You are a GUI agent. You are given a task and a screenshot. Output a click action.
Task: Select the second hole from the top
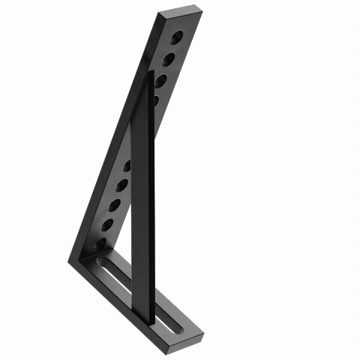169,57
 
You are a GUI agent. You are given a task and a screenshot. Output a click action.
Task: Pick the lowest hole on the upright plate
100,243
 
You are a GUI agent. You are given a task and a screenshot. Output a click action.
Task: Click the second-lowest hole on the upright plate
108,223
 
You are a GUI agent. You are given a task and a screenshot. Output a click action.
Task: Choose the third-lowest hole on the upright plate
115,203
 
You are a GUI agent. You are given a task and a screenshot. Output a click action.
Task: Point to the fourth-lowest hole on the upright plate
121,184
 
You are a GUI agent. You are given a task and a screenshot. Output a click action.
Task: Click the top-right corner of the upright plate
202,8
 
